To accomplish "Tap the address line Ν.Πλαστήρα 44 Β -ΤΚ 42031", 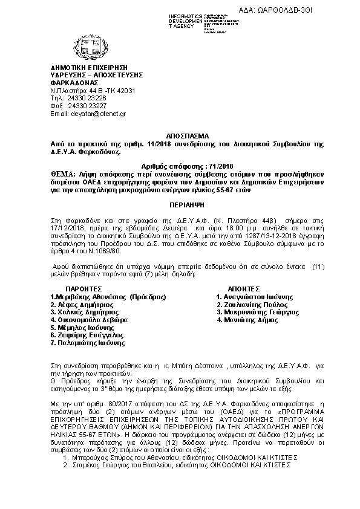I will pos(92,90).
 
